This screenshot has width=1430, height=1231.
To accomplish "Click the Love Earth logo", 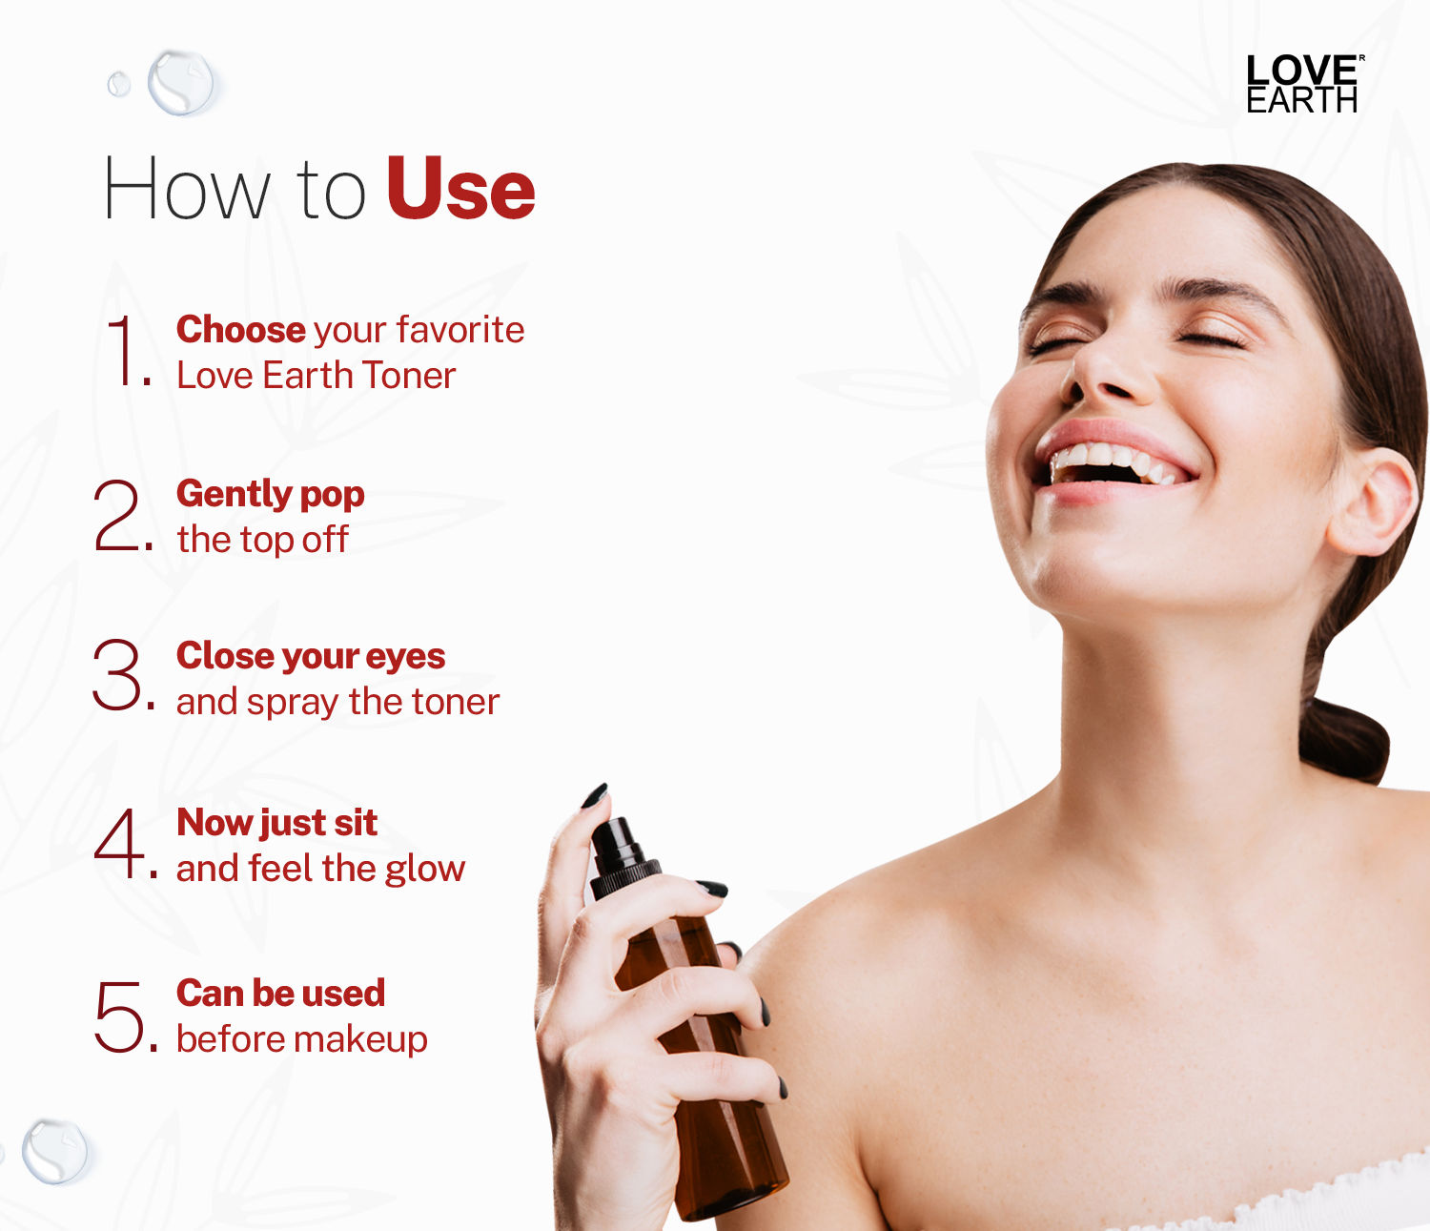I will point(1302,84).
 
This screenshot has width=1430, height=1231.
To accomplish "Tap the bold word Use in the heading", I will point(460,189).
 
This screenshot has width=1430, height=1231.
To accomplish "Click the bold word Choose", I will point(240,330).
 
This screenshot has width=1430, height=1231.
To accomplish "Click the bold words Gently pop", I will point(270,495).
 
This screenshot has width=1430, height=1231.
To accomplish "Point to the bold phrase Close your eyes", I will point(311,656).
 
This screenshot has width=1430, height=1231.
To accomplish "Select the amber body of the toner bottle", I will point(705,1077).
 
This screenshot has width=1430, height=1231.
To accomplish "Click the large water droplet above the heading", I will point(181,82).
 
